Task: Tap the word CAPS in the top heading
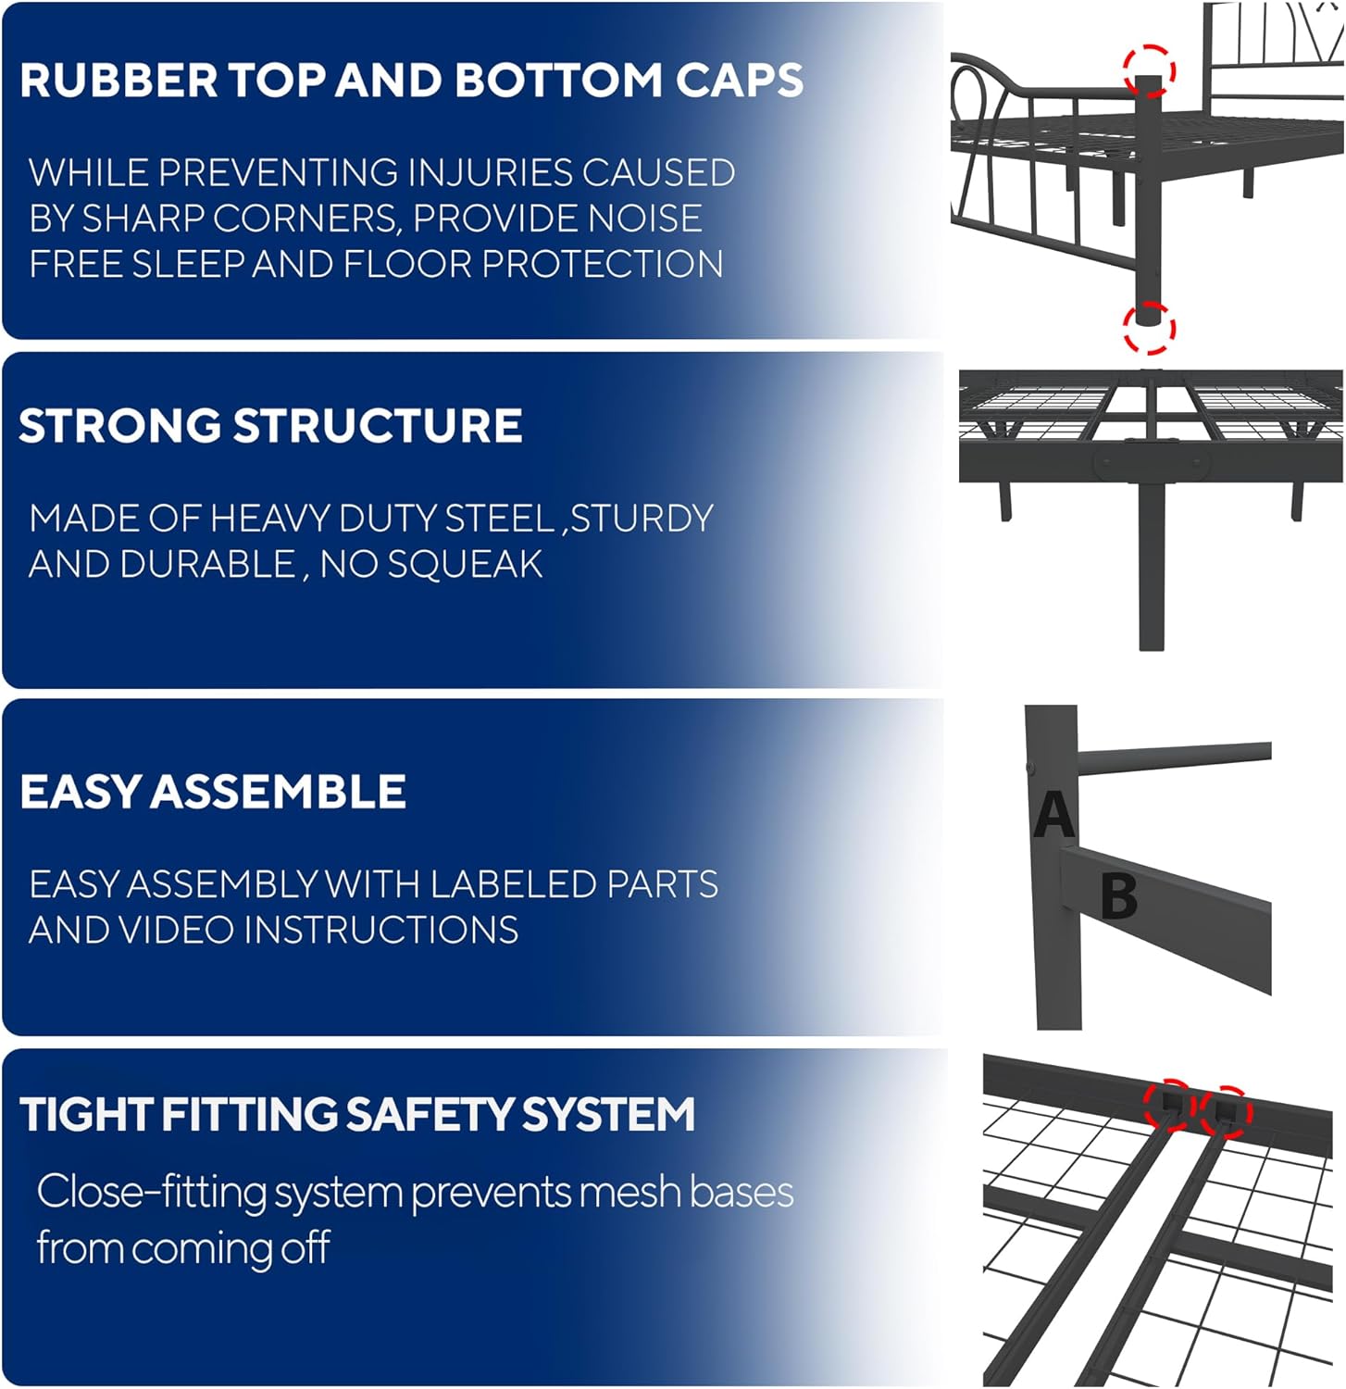point(739,81)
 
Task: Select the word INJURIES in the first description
point(490,173)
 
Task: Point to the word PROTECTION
point(603,264)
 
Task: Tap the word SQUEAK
point(465,564)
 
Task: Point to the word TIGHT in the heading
point(86,1114)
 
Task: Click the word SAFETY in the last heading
point(429,1114)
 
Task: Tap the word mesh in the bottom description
point(629,1192)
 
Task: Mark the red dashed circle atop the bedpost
point(1149,71)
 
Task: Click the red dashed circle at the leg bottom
point(1149,329)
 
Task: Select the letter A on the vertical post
point(1053,815)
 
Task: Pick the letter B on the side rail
point(1119,895)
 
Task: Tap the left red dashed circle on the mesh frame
point(1169,1105)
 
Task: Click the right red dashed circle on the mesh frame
point(1226,1110)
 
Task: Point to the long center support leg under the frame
point(1151,565)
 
